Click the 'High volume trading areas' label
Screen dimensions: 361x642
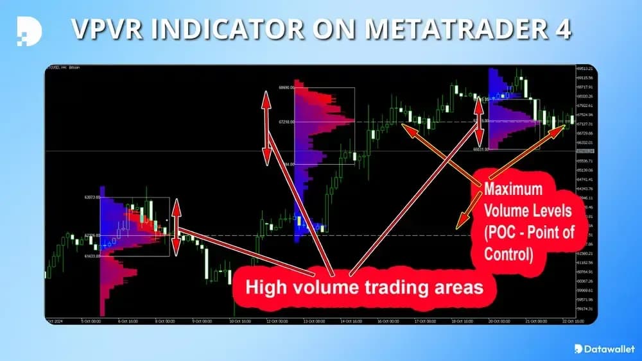coord(365,287)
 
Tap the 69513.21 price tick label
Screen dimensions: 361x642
coord(584,69)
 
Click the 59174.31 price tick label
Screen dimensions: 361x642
coord(584,308)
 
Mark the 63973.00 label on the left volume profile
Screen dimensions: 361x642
coord(92,197)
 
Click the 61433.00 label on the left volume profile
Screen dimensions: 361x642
coord(92,256)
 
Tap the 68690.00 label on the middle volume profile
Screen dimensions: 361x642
coord(286,87)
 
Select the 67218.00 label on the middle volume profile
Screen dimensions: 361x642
coord(286,121)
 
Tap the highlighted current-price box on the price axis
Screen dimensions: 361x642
coord(584,151)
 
